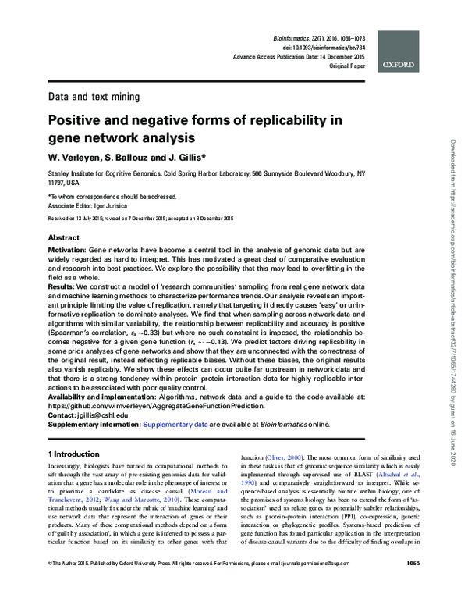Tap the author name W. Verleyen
click(76, 158)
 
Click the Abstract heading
click(64, 237)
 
